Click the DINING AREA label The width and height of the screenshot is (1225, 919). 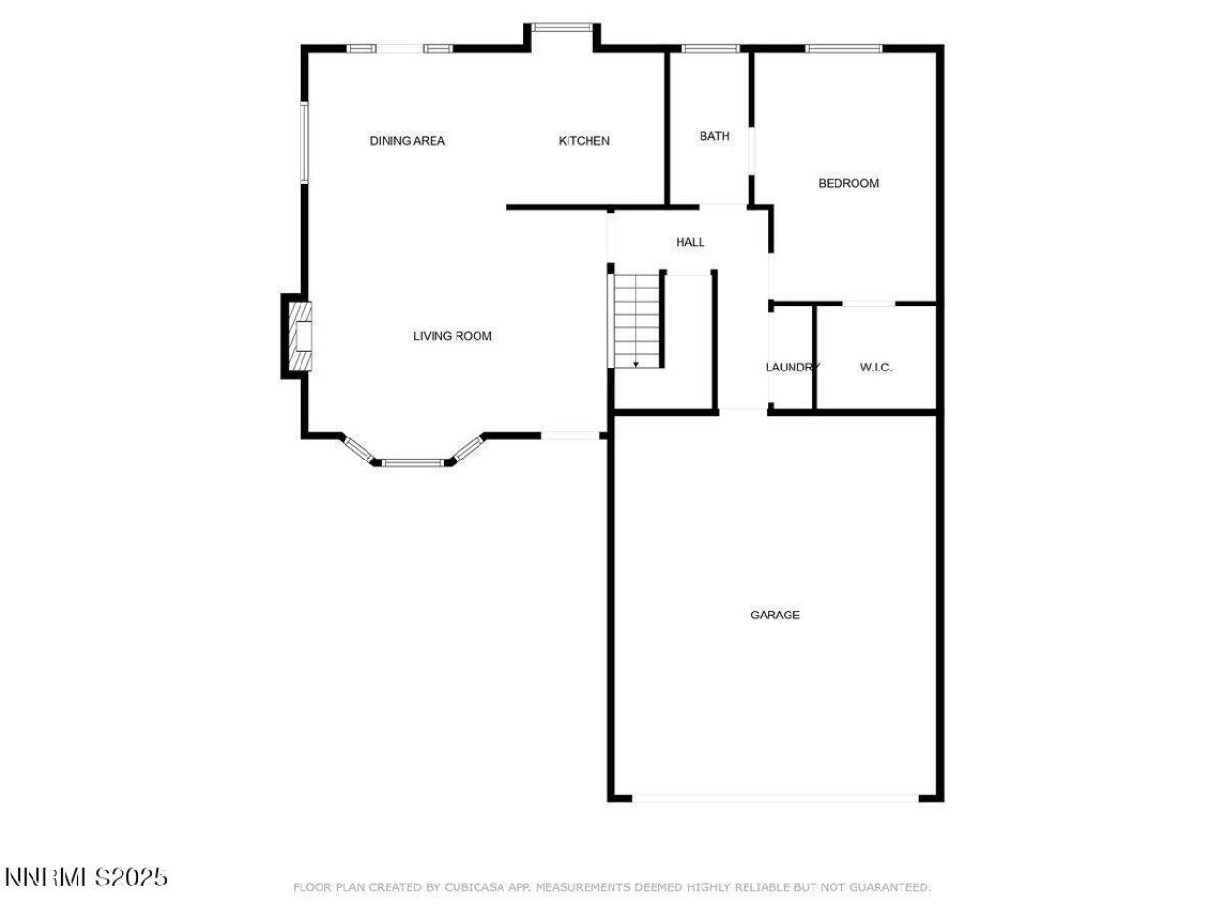[408, 141]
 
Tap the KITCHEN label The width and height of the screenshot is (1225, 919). [584, 141]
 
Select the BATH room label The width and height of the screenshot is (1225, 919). [714, 136]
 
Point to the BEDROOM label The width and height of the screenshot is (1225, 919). [848, 183]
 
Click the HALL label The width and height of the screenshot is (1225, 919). [690, 242]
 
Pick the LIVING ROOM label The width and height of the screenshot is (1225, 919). [453, 336]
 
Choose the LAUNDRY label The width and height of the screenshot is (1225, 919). [791, 368]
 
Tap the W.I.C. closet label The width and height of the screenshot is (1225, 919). [876, 368]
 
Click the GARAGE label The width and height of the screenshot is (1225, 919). [775, 615]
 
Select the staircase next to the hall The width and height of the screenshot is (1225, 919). [637, 318]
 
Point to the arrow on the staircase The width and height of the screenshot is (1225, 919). [635, 364]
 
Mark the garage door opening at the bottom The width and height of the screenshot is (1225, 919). [775, 796]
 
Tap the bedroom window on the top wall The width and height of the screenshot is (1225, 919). [843, 48]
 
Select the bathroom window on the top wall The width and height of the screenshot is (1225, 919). [710, 48]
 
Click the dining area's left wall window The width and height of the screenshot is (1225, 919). [304, 142]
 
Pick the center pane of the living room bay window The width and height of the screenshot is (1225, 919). [413, 463]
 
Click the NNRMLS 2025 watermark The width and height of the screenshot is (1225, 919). [86, 877]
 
